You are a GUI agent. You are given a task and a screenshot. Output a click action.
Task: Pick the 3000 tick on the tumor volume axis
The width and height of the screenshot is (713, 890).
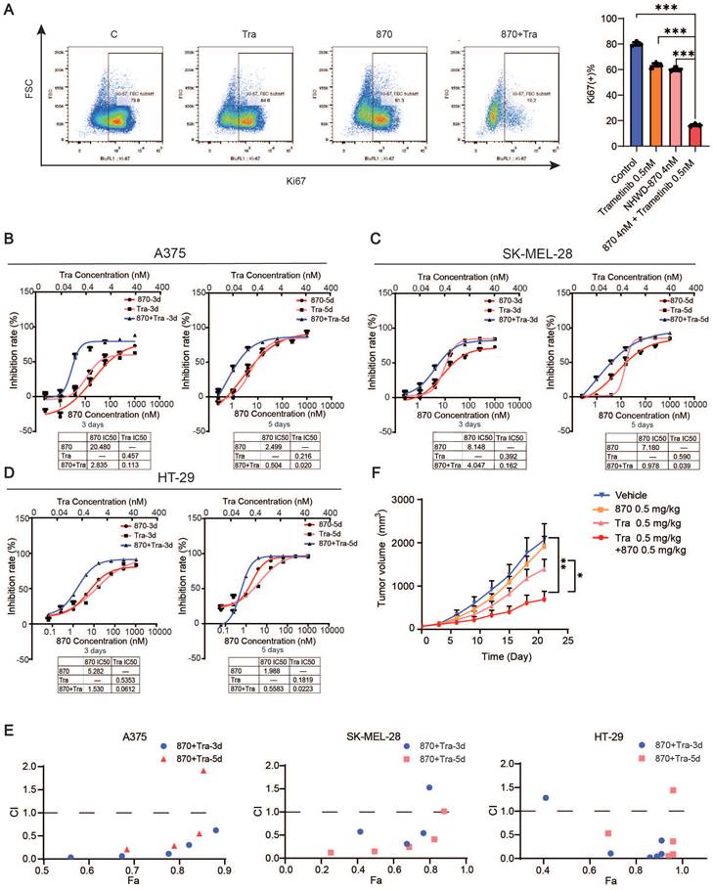click(x=405, y=500)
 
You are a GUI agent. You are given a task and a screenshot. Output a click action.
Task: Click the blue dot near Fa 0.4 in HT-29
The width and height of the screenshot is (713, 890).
click(x=546, y=798)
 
